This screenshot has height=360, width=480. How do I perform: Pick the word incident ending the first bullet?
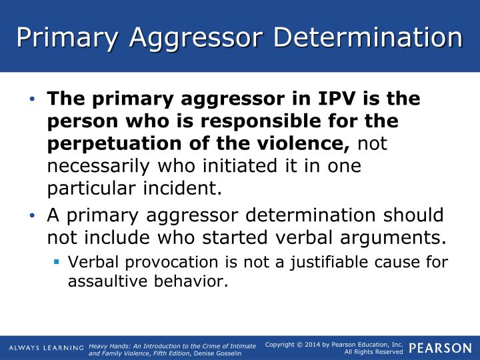coord(183,188)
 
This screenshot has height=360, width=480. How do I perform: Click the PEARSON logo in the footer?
coord(439,347)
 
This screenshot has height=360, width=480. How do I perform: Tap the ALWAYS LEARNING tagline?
coord(46,348)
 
